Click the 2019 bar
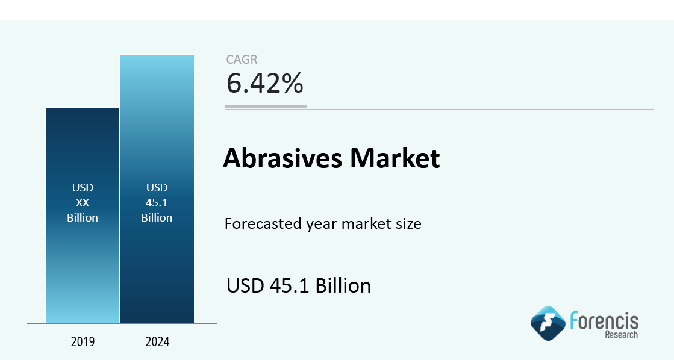point(83,216)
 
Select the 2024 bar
point(157,189)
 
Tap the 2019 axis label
point(83,341)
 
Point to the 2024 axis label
point(157,341)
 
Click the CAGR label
point(242,59)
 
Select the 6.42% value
point(265,83)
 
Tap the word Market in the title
point(395,158)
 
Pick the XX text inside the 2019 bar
point(83,202)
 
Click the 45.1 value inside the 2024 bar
point(157,202)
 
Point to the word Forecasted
point(263,224)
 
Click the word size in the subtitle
point(409,224)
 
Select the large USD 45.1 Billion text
point(299,286)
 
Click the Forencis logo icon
point(548,323)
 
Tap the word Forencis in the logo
point(604,321)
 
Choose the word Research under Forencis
point(622,335)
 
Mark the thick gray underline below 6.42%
point(266,107)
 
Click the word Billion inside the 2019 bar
point(83,217)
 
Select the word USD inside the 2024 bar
point(157,188)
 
